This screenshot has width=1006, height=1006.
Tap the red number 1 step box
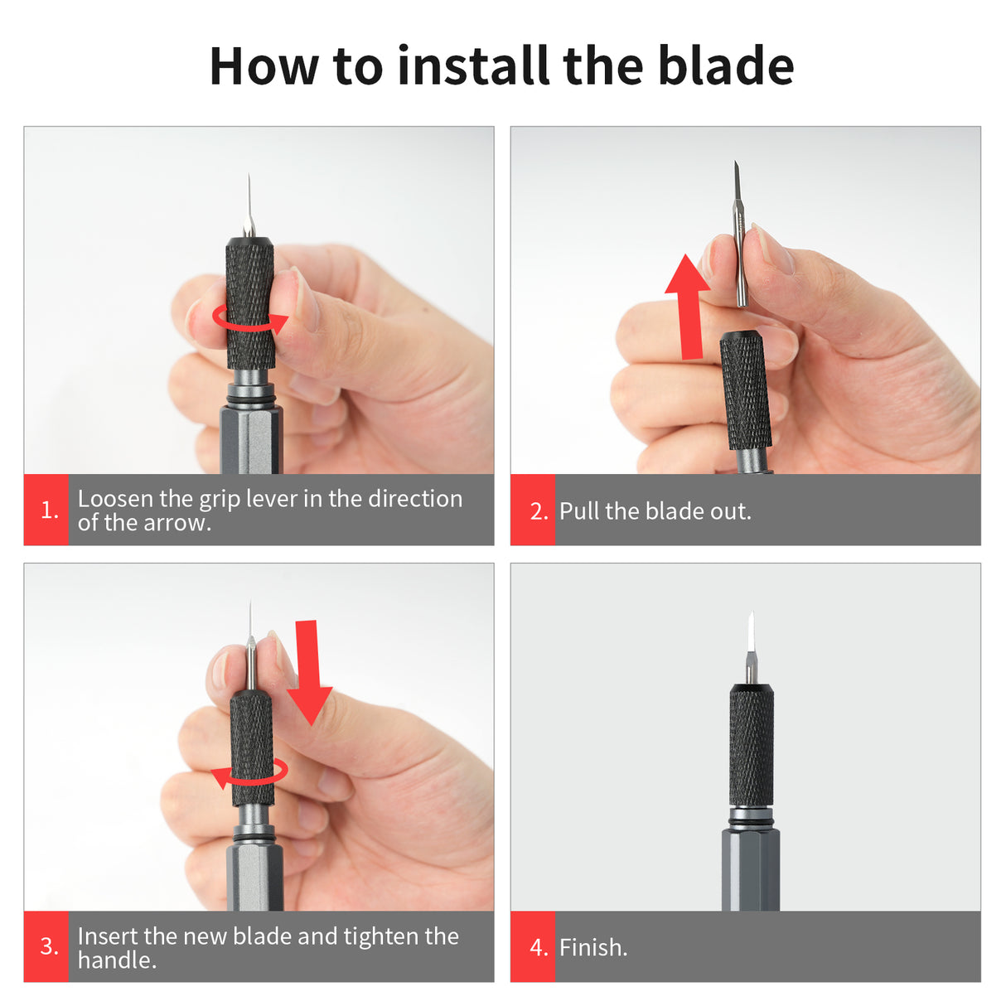47,510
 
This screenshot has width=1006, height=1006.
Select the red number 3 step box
47,946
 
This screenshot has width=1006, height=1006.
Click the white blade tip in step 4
751,634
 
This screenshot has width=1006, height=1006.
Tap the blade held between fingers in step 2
739,236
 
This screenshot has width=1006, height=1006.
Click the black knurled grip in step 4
752,746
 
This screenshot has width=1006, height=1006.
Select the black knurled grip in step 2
745,389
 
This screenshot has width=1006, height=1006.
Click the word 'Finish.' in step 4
593,947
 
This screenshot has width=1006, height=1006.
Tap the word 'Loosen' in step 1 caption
115,499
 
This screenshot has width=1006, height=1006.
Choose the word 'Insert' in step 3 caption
108,936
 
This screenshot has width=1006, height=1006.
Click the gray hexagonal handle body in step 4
751,870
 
